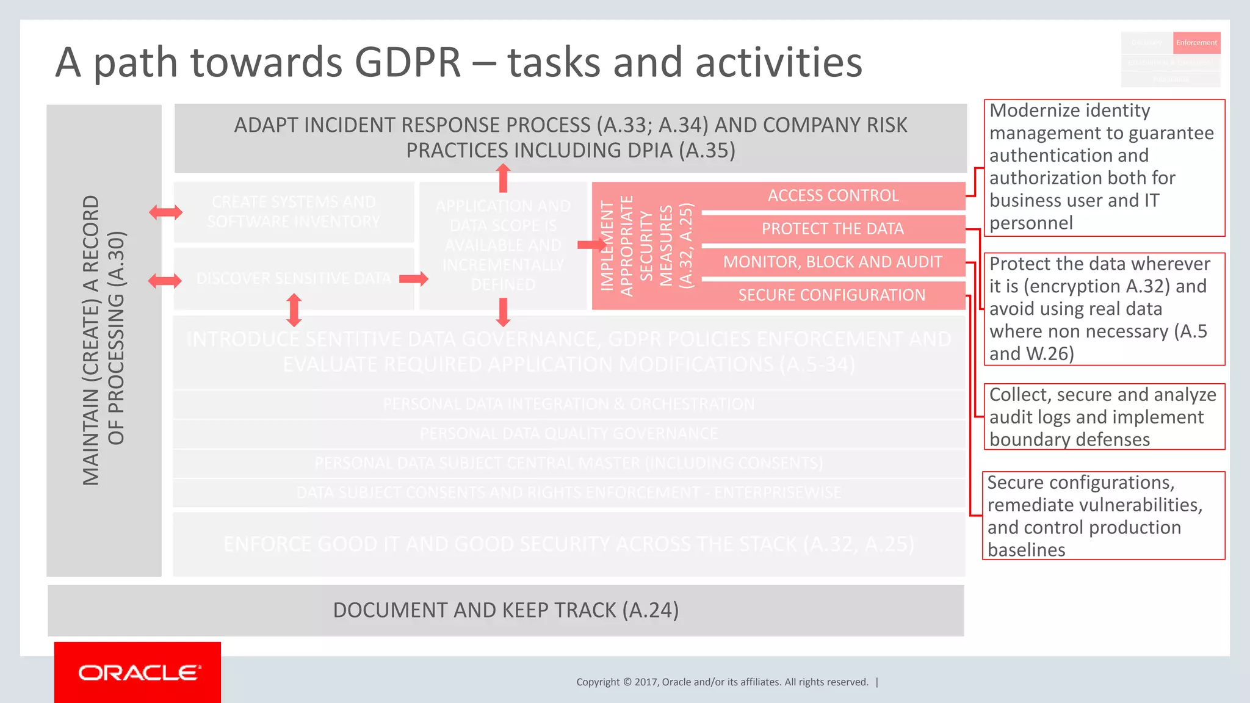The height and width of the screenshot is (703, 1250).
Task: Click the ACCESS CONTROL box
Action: [833, 196]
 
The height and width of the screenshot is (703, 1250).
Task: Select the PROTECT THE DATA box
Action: [833, 229]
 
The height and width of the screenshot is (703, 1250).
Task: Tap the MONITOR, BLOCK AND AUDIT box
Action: [833, 262]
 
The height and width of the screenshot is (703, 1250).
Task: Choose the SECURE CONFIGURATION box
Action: [833, 295]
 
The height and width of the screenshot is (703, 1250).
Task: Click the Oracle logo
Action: [138, 672]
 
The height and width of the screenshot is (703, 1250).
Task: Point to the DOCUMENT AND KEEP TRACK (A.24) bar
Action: [505, 610]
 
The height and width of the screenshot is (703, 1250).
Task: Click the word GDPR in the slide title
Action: [407, 62]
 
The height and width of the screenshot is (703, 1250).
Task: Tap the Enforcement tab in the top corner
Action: [1196, 43]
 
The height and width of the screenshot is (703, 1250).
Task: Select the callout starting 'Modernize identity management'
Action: [1104, 167]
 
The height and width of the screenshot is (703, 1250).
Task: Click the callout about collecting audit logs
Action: [1104, 417]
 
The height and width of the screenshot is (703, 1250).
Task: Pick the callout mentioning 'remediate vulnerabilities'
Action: [1104, 516]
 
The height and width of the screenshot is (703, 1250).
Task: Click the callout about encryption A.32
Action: [1104, 309]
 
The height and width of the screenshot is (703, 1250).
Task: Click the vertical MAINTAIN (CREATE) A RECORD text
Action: [104, 340]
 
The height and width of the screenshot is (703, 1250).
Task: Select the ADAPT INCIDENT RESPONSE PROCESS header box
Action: [570, 138]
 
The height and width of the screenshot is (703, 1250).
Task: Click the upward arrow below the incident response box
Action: [503, 178]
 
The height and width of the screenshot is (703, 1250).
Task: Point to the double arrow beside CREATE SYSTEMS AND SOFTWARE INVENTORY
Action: [165, 212]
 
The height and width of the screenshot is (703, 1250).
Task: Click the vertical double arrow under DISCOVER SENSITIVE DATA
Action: [294, 310]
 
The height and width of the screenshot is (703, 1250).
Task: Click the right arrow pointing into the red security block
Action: [590, 245]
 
